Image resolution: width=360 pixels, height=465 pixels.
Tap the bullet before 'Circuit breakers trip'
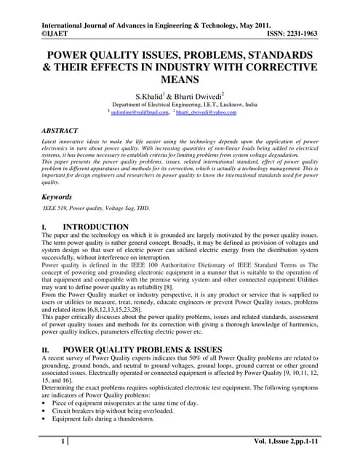[x=44, y=410]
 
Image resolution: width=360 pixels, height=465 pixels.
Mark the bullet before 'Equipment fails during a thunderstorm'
[x=44, y=418]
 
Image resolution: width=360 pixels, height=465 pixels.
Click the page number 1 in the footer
[x=63, y=441]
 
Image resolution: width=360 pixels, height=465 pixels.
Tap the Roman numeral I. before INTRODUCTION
[x=44, y=227]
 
